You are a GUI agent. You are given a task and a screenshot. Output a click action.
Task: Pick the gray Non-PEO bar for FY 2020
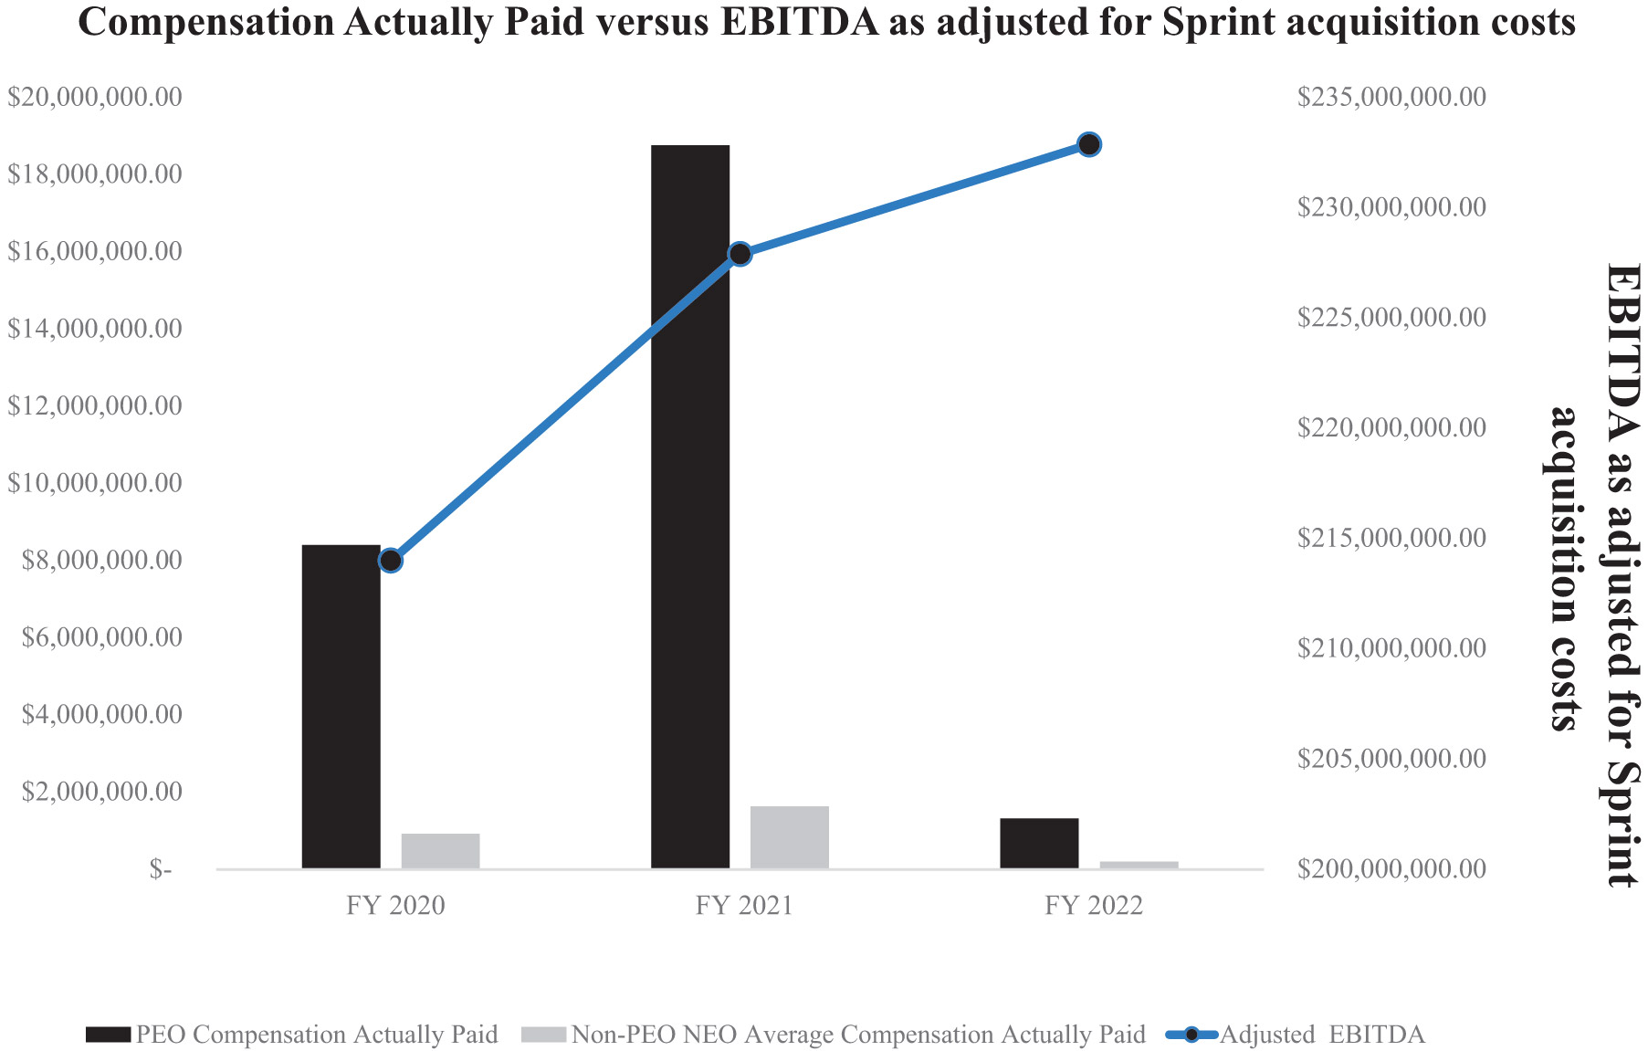tap(440, 850)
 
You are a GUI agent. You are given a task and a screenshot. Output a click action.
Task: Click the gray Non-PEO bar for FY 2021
tap(789, 836)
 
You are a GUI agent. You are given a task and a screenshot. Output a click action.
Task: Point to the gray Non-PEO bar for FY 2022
tap(1139, 864)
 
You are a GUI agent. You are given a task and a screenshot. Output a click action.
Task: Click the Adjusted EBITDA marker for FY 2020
tap(391, 561)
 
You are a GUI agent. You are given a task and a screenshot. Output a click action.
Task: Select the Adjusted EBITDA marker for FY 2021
tap(740, 254)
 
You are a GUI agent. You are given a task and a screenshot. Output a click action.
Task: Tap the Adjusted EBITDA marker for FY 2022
tap(1089, 144)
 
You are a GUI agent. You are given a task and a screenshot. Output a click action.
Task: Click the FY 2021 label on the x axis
tap(744, 906)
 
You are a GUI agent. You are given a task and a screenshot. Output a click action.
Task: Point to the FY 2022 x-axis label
tap(1094, 906)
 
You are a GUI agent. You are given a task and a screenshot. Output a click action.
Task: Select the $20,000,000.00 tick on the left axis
tap(95, 97)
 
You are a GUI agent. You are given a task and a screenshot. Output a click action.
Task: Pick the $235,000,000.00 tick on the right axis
tap(1391, 97)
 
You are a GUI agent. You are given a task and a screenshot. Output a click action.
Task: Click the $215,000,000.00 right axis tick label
tap(1391, 538)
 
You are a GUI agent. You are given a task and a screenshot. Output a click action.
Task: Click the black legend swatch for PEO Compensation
tap(109, 1035)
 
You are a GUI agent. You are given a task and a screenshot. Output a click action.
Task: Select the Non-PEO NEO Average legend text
tap(857, 1035)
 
